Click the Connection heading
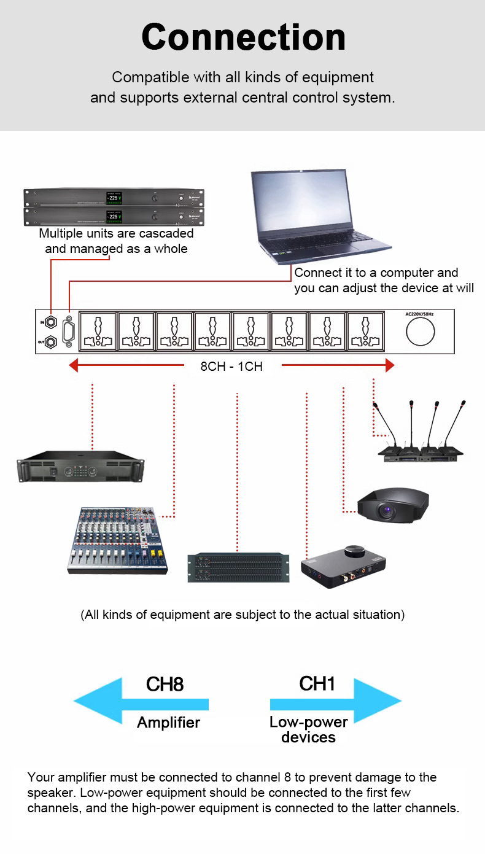tap(243, 37)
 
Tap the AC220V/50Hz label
tap(421, 314)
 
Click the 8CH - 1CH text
tap(231, 367)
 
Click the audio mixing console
tap(117, 540)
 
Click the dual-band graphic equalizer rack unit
tap(238, 568)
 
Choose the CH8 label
tap(165, 685)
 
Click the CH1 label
tap(317, 683)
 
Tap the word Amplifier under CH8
tap(168, 723)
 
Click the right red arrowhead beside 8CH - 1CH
tap(389, 366)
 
